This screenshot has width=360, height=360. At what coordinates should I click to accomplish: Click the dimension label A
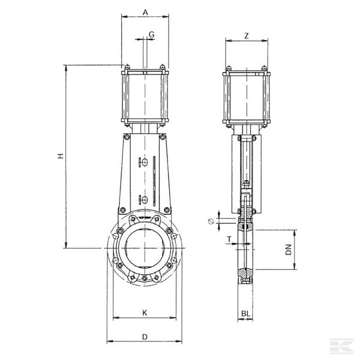(x=145, y=12)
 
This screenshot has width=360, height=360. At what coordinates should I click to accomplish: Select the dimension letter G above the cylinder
(x=152, y=35)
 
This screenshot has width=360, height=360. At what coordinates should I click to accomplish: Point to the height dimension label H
(x=60, y=156)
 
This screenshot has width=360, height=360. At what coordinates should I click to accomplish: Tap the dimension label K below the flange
(x=144, y=313)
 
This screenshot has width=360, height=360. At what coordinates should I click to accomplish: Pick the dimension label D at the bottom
(x=145, y=337)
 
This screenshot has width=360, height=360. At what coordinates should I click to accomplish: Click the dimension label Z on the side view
(x=247, y=35)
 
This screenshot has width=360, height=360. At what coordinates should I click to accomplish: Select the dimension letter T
(x=229, y=239)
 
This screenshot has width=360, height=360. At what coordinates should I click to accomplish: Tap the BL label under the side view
(x=246, y=313)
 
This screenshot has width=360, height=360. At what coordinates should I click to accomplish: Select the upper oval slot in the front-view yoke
(x=142, y=161)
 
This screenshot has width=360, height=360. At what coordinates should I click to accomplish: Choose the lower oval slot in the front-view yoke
(x=142, y=200)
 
